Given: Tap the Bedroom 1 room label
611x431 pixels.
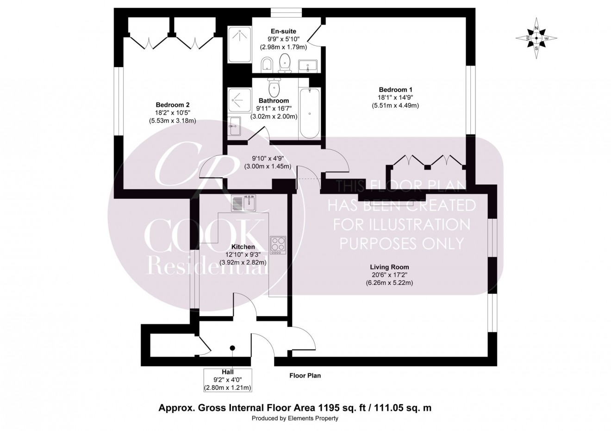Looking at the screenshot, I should click(x=395, y=90).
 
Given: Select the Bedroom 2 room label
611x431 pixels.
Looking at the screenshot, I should click(x=172, y=105).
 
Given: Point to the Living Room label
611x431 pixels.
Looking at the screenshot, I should click(x=389, y=267).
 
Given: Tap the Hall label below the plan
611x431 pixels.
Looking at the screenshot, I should click(x=227, y=372).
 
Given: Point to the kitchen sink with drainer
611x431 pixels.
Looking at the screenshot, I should click(x=244, y=203).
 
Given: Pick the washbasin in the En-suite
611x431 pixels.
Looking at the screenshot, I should click(x=307, y=66).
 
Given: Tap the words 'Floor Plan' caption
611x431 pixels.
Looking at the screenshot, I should click(x=305, y=376).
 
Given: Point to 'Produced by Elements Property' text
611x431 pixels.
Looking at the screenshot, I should click(x=295, y=419).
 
